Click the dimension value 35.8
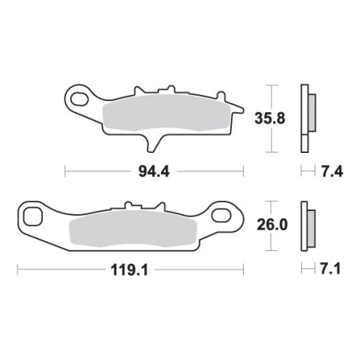270,119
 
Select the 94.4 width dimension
154,172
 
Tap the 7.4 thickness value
332,171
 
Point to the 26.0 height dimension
272,225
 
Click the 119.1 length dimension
129,270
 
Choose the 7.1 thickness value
331,269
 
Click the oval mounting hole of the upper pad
79,99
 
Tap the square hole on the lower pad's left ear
33,217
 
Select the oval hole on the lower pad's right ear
221,215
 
